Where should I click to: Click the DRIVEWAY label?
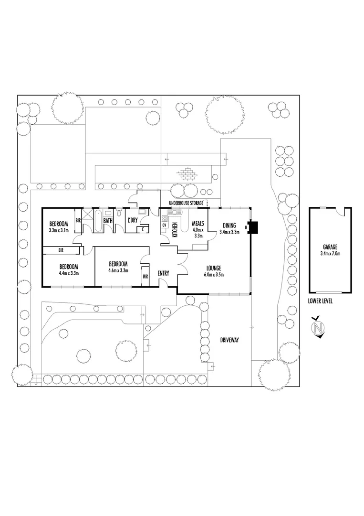(229, 340)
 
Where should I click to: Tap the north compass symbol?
(318, 328)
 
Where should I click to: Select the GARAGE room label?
(330, 247)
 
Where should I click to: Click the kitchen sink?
(172, 212)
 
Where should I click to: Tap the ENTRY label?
(163, 273)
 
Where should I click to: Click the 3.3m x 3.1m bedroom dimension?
(59, 230)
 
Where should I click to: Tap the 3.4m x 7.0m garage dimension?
(330, 253)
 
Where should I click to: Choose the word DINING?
(229, 226)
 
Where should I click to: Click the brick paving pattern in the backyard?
(187, 174)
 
